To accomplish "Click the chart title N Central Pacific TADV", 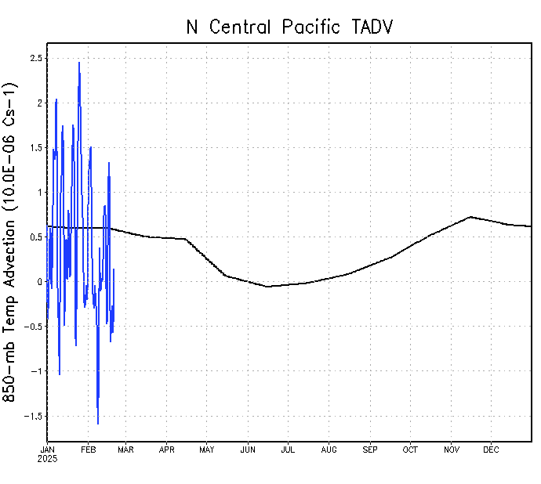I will [289, 27].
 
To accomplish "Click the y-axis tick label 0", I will [38, 282].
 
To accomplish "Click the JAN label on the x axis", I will [48, 450].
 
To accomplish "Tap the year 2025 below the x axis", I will [48, 458].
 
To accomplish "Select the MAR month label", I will [125, 450].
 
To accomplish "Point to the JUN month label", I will [248, 450].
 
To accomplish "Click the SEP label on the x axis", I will [370, 450].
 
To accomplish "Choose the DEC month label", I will [491, 450].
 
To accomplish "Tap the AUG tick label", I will [329, 450].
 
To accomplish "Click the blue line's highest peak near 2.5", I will [79, 63].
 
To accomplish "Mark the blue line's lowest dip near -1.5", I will [98, 424].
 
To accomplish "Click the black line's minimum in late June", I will [268, 287].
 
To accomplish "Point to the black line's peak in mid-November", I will [470, 217].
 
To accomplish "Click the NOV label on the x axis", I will [452, 450].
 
